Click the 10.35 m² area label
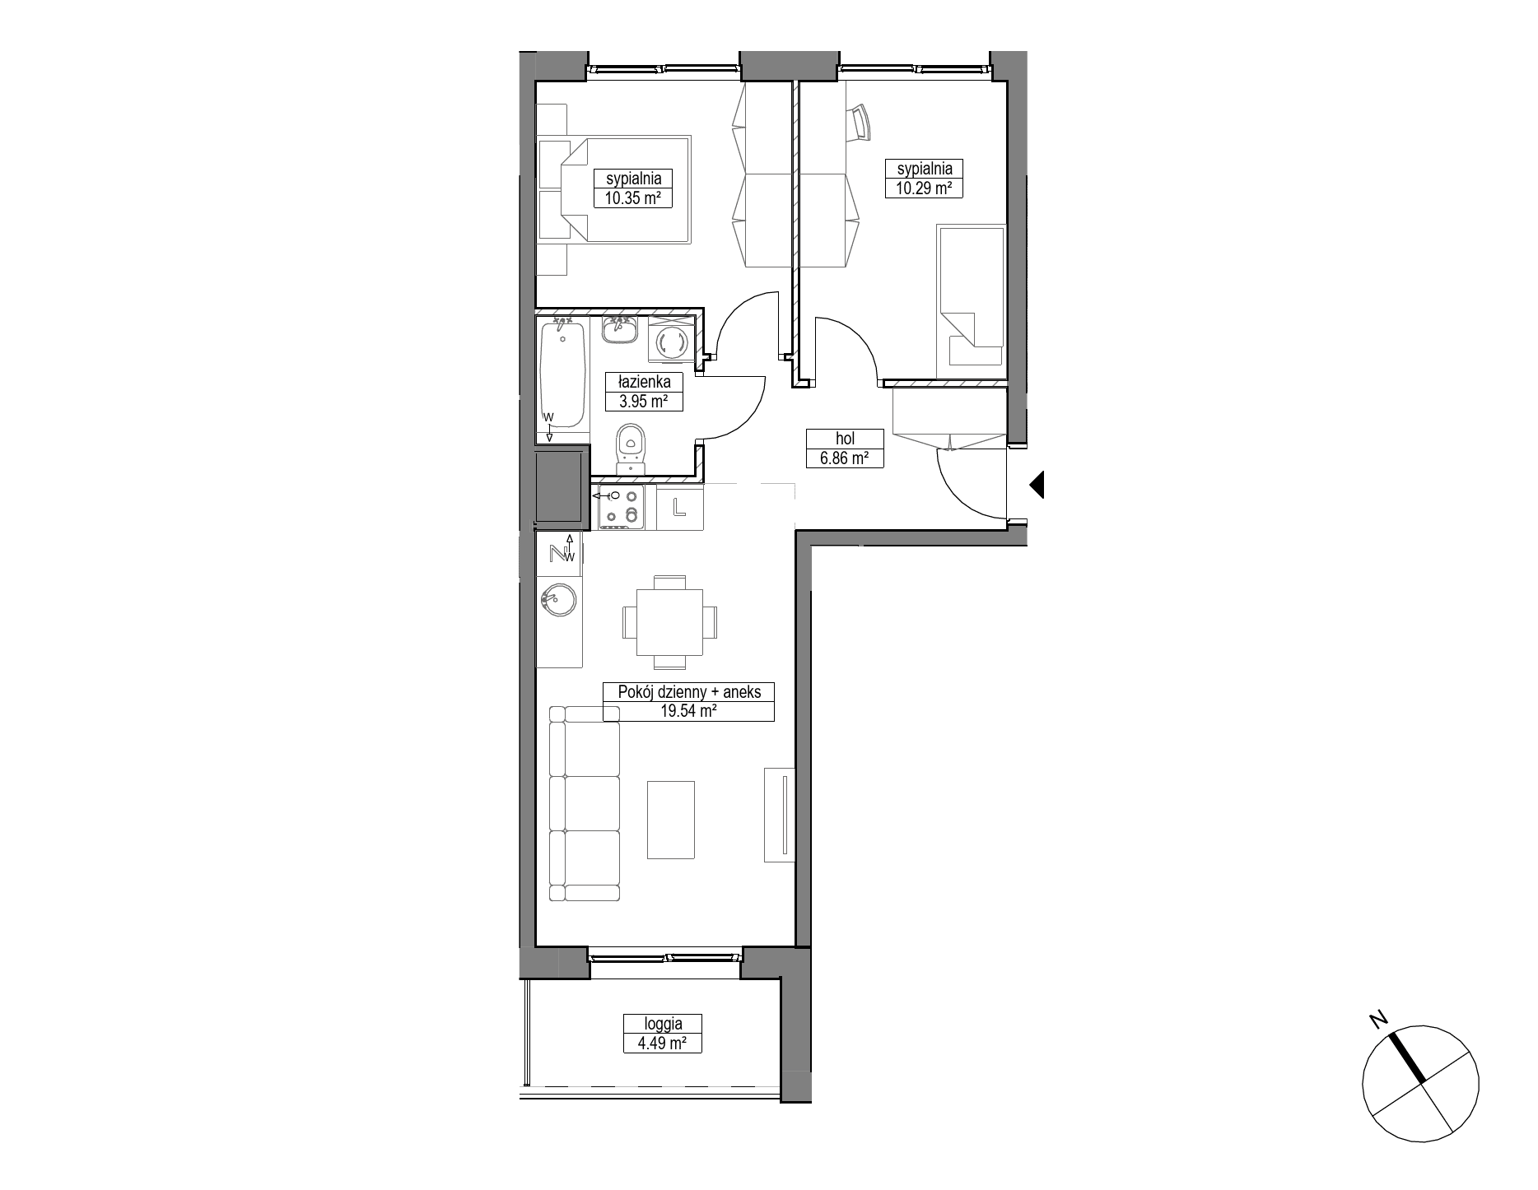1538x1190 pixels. click(x=633, y=198)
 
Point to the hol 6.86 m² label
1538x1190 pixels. click(x=844, y=449)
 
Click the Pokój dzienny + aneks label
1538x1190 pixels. click(x=688, y=692)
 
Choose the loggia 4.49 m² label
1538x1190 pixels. click(x=663, y=1034)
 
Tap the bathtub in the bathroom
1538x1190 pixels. click(x=563, y=375)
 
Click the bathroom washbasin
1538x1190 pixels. click(x=618, y=331)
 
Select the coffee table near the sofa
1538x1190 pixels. click(x=671, y=820)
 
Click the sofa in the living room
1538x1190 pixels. click(x=583, y=803)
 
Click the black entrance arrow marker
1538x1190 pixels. click(x=1037, y=485)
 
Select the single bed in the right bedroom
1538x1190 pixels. click(x=971, y=297)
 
